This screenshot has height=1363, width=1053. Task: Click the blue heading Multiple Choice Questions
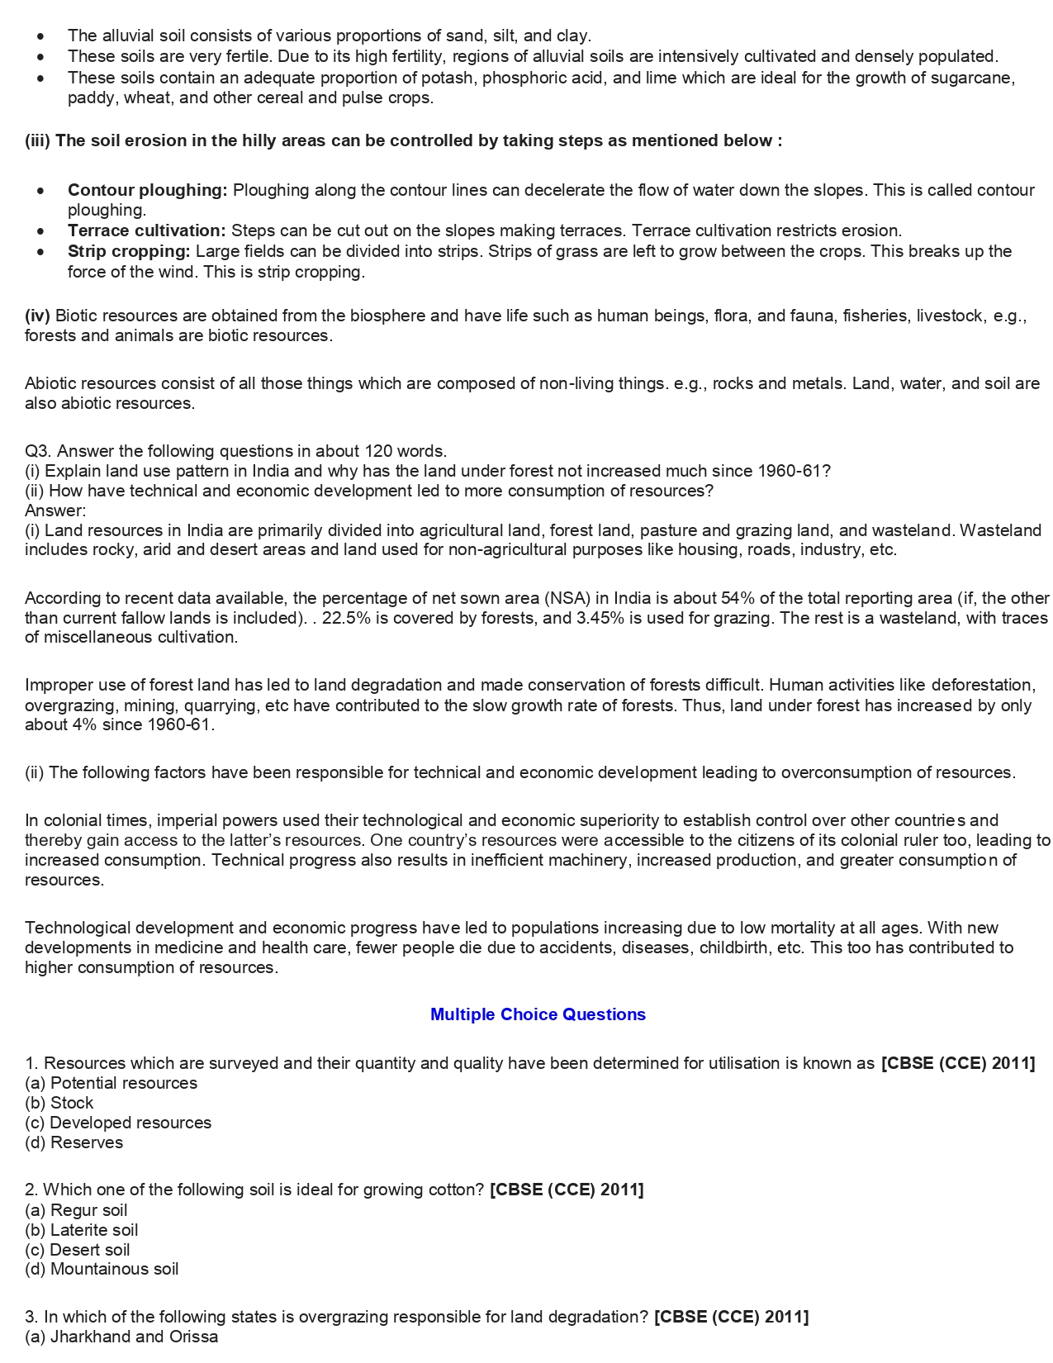coord(538,1014)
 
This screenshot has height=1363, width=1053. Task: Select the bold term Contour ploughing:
coord(147,190)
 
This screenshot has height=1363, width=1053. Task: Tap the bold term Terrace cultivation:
coord(146,230)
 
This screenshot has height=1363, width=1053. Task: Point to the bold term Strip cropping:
coord(129,251)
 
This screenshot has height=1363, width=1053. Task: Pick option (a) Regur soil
coord(76,1210)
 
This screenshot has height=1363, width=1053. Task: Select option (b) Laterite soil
coord(81,1230)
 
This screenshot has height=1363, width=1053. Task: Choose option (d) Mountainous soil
coord(102,1269)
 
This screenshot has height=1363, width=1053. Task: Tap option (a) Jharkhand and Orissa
coord(121,1337)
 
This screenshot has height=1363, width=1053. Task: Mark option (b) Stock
coord(59,1103)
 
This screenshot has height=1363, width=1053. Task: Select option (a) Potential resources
coord(111,1083)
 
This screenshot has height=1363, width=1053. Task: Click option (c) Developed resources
coord(118,1123)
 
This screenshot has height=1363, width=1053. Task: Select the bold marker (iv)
coord(37,316)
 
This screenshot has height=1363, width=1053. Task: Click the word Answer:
coord(55,511)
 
